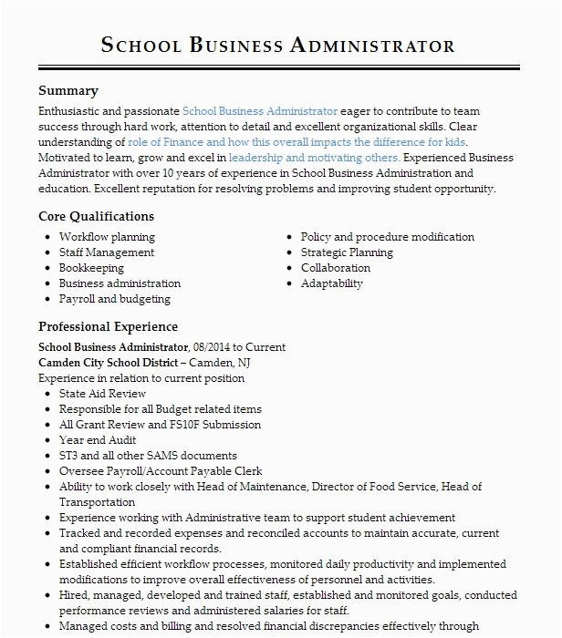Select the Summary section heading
pyautogui.click(x=68, y=91)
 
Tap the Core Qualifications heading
pyautogui.click(x=96, y=217)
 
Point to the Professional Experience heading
pyautogui.click(x=108, y=327)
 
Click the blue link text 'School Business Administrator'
pyautogui.click(x=260, y=111)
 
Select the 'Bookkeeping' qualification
pyautogui.click(x=91, y=268)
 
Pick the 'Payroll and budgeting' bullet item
pyautogui.click(x=114, y=299)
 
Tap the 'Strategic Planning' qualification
pyautogui.click(x=347, y=252)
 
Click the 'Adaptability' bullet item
pyautogui.click(x=332, y=283)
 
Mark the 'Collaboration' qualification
pyautogui.click(x=336, y=268)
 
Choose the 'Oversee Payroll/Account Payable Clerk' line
pyautogui.click(x=161, y=471)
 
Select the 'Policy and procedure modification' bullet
pyautogui.click(x=388, y=237)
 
